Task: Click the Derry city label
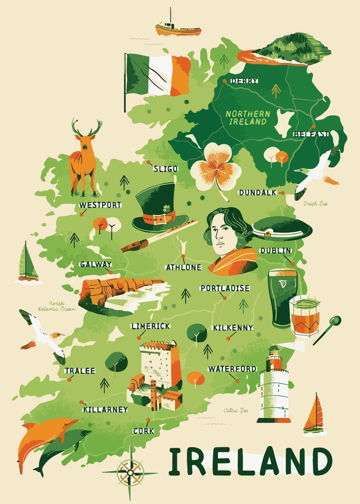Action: (x=244, y=81)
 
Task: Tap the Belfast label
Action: (x=310, y=134)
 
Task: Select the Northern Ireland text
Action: (x=247, y=118)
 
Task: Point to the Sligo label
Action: (x=166, y=168)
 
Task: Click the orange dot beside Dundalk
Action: (x=282, y=193)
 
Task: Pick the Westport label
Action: (x=100, y=205)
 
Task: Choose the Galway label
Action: (x=95, y=264)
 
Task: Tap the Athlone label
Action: (x=184, y=267)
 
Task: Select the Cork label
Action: (x=143, y=431)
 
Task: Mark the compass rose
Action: (x=130, y=472)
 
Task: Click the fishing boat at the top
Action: (x=178, y=28)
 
